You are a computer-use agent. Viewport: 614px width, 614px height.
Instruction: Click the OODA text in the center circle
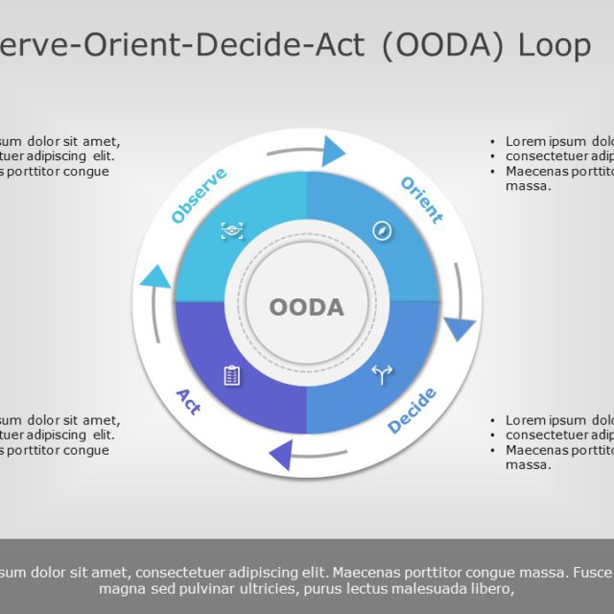click(x=306, y=307)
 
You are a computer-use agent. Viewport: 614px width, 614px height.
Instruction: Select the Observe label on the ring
click(x=199, y=195)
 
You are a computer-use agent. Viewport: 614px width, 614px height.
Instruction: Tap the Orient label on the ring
click(x=421, y=200)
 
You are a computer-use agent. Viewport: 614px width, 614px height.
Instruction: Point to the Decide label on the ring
click(x=413, y=411)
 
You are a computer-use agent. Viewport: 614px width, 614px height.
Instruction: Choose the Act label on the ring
click(x=189, y=401)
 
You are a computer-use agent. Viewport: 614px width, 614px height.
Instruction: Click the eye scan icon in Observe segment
click(x=232, y=230)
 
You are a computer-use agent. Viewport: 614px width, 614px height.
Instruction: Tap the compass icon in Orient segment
click(x=383, y=230)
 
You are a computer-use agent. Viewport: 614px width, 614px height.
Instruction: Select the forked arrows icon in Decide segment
click(x=383, y=375)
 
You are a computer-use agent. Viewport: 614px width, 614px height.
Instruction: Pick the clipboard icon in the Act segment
click(x=232, y=375)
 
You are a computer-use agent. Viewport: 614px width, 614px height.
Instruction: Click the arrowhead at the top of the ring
click(x=333, y=151)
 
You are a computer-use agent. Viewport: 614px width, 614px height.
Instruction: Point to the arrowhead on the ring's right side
click(x=460, y=329)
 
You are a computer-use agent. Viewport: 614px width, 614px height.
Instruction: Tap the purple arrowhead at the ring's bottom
click(x=281, y=455)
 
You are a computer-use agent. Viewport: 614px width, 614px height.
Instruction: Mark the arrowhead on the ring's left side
click(x=154, y=278)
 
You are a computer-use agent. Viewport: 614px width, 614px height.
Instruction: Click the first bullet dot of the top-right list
click(x=493, y=142)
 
